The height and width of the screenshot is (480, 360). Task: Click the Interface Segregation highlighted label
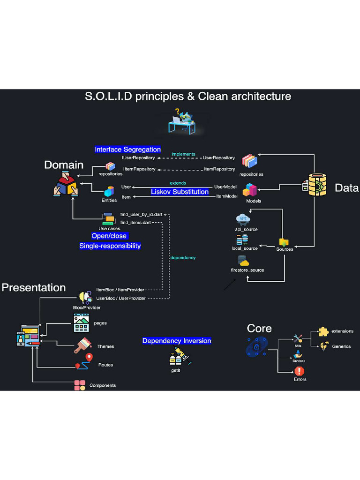[x=127, y=150]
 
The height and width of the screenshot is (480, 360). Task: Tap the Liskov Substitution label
[x=180, y=192]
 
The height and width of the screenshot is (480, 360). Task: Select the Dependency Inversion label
[x=177, y=341]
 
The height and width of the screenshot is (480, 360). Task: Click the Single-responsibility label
[x=110, y=246]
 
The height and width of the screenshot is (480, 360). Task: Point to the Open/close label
[x=109, y=236]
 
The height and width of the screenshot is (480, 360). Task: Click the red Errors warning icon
[x=299, y=371]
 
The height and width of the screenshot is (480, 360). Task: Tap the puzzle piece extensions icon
[x=323, y=331]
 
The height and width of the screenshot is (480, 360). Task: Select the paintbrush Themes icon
[x=82, y=346]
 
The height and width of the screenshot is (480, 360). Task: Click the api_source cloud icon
[x=243, y=219]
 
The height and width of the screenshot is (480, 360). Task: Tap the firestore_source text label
[x=247, y=270]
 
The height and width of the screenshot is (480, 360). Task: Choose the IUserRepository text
[x=138, y=158]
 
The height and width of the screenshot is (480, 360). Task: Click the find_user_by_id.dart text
[x=141, y=214]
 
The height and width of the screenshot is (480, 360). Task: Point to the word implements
[x=183, y=154]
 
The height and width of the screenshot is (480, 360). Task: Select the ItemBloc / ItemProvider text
[x=120, y=290]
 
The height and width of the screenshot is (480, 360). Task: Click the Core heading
[x=259, y=328]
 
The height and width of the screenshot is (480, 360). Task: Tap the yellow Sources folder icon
[x=284, y=242]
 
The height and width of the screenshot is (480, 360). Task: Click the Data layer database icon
[x=314, y=185]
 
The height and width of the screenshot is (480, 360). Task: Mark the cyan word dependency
[x=183, y=258]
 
